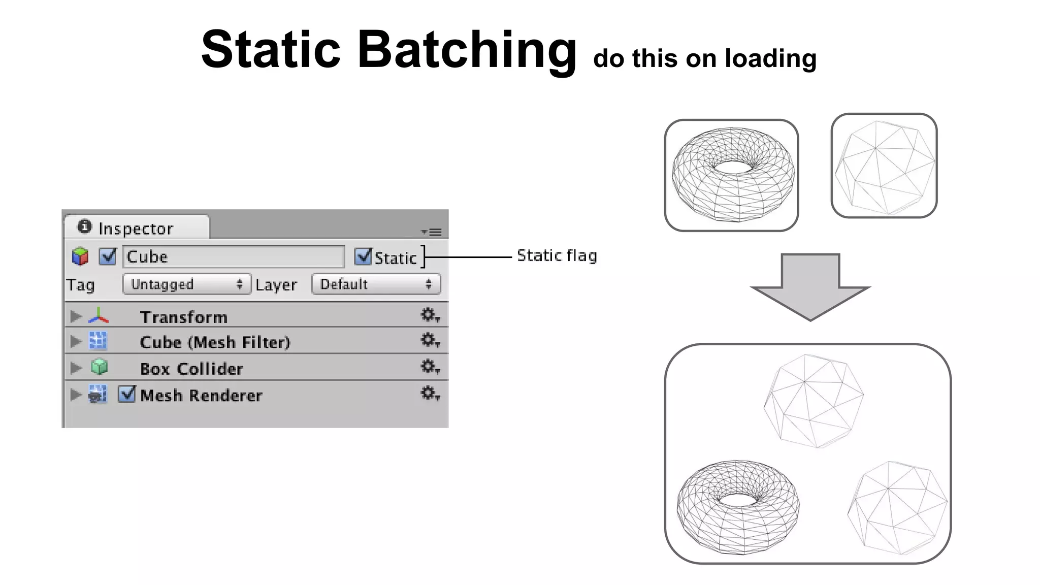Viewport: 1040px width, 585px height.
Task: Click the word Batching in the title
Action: [467, 50]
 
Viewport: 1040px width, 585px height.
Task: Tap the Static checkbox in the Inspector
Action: [363, 256]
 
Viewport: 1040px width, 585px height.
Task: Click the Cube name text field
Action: [234, 256]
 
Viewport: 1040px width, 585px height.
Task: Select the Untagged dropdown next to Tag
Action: [186, 284]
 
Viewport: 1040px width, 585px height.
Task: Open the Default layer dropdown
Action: [376, 284]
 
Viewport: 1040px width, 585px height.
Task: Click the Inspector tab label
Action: [136, 229]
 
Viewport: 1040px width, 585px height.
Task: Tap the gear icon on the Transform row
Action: [429, 315]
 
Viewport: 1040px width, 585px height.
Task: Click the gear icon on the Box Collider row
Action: [429, 367]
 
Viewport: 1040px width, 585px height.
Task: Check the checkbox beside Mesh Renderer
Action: [126, 394]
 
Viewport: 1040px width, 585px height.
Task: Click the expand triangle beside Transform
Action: [76, 316]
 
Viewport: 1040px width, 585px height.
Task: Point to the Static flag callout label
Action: [557, 255]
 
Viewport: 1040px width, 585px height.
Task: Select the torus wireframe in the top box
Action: [733, 174]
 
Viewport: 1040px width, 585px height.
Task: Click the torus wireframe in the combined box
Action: [738, 507]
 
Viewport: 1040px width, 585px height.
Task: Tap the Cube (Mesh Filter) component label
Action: [215, 342]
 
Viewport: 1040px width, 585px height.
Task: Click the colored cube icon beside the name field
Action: [80, 256]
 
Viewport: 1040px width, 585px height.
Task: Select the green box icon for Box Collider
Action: [99, 367]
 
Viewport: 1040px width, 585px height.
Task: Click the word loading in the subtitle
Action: [770, 59]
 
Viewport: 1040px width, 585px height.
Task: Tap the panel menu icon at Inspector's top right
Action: [432, 232]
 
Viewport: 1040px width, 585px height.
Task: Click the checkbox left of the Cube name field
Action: [108, 256]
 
